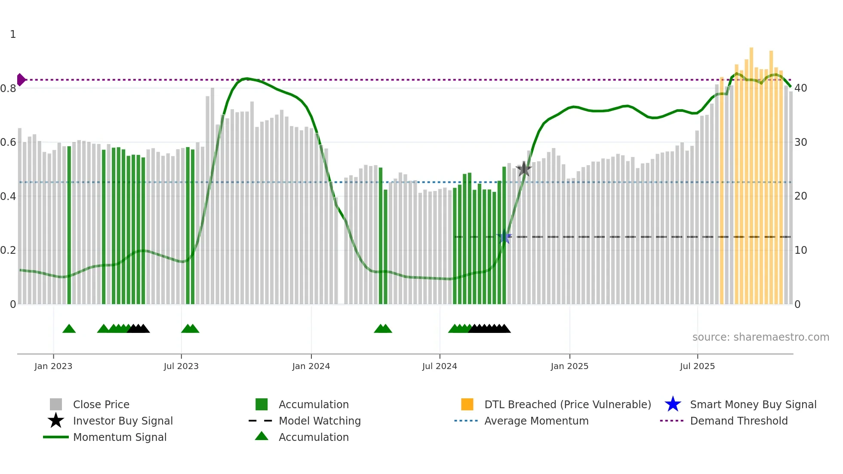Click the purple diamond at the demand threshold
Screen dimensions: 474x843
pyautogui.click(x=21, y=80)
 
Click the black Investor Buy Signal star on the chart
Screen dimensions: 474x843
pyautogui.click(x=523, y=169)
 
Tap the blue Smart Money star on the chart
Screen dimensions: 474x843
pyautogui.click(x=504, y=237)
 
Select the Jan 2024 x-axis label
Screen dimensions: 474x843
pyautogui.click(x=311, y=366)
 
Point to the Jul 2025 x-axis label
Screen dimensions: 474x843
pyautogui.click(x=697, y=366)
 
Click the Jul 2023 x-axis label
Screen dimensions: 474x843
pyautogui.click(x=181, y=366)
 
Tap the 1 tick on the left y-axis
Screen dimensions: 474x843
pyautogui.click(x=13, y=34)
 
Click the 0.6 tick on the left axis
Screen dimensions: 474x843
pyautogui.click(x=9, y=142)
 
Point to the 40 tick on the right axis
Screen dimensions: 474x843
pyautogui.click(x=800, y=88)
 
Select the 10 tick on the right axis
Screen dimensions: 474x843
pyautogui.click(x=800, y=250)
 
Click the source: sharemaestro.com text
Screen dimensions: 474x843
pyautogui.click(x=760, y=337)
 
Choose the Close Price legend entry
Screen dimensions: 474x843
pyautogui.click(x=101, y=404)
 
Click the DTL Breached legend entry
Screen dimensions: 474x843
pyautogui.click(x=567, y=404)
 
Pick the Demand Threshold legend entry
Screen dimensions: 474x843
pyautogui.click(x=738, y=421)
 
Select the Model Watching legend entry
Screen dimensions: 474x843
pyautogui.click(x=320, y=421)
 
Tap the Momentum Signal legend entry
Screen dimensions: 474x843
pyautogui.click(x=120, y=437)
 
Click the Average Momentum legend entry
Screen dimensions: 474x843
pyautogui.click(x=536, y=421)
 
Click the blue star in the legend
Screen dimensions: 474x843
pyautogui.click(x=673, y=404)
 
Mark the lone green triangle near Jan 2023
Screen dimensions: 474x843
pyautogui.click(x=69, y=329)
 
